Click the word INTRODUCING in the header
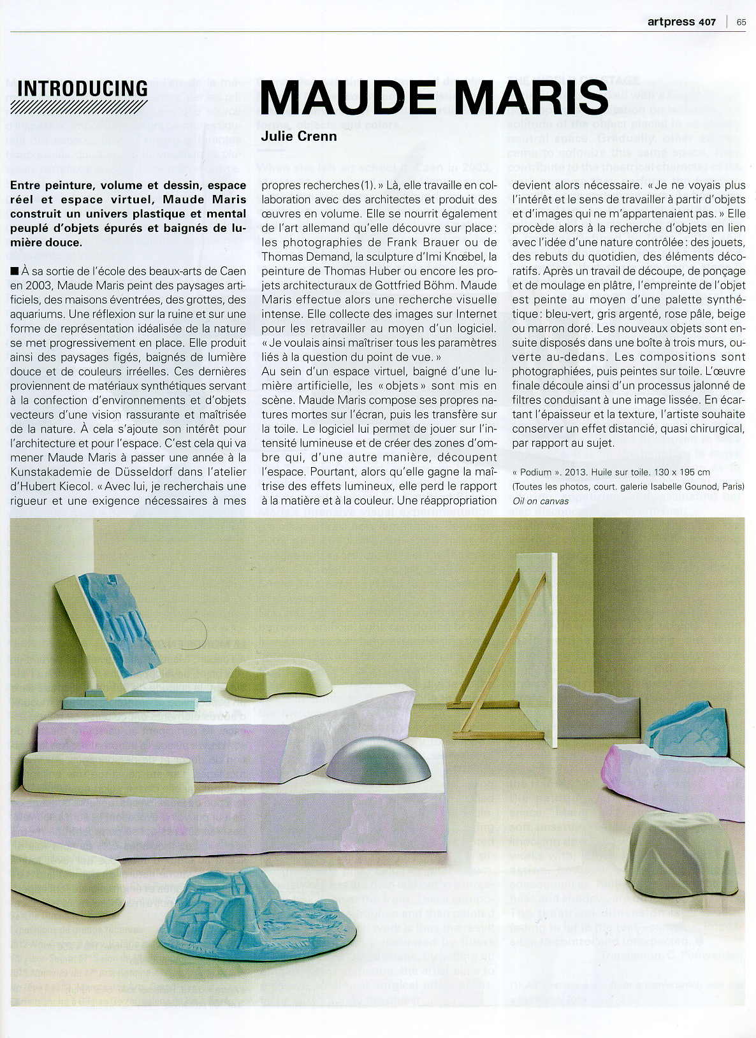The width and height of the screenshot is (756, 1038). point(82,89)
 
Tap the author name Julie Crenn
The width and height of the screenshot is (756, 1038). point(298,136)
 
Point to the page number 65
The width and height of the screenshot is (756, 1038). point(741,22)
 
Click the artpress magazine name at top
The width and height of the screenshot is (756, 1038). point(671,22)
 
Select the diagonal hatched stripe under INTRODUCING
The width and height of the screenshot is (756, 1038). point(79,106)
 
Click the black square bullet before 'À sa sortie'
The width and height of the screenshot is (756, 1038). point(15,271)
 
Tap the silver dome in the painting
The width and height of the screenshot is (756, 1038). point(378,763)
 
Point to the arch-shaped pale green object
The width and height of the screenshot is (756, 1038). point(279,678)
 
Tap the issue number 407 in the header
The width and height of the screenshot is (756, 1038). point(706,22)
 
